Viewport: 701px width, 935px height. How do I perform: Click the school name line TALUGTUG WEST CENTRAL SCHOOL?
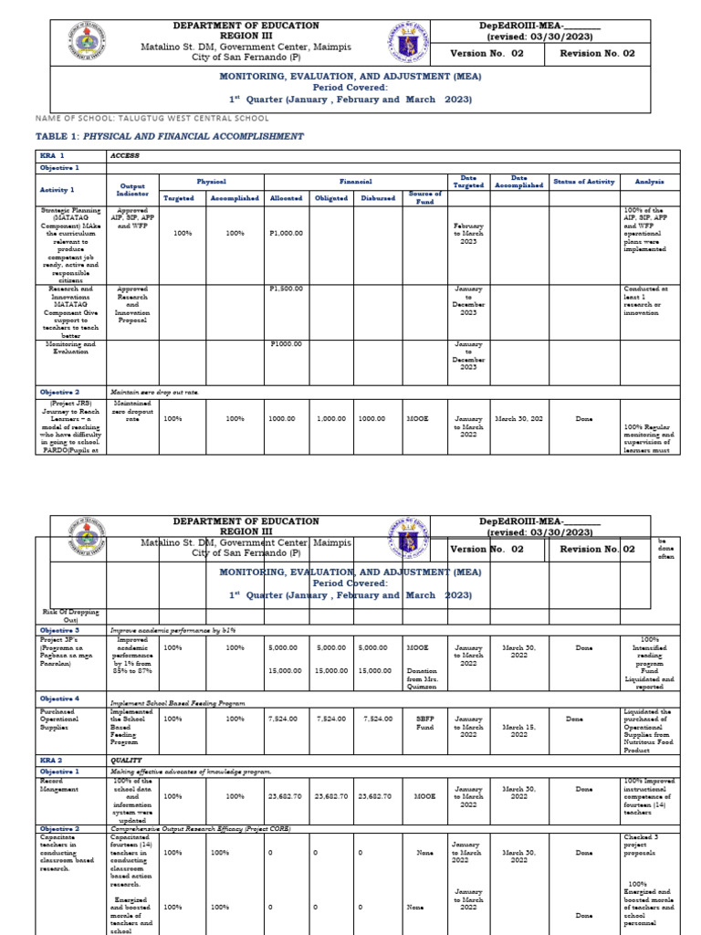(152, 118)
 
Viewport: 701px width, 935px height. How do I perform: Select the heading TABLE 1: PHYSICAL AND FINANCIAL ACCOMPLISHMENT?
(169, 136)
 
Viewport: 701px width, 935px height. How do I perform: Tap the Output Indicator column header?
(132, 189)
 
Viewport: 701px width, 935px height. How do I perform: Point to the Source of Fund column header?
(425, 196)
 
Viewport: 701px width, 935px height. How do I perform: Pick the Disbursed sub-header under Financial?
(377, 197)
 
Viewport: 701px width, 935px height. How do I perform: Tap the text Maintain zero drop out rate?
(154, 392)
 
